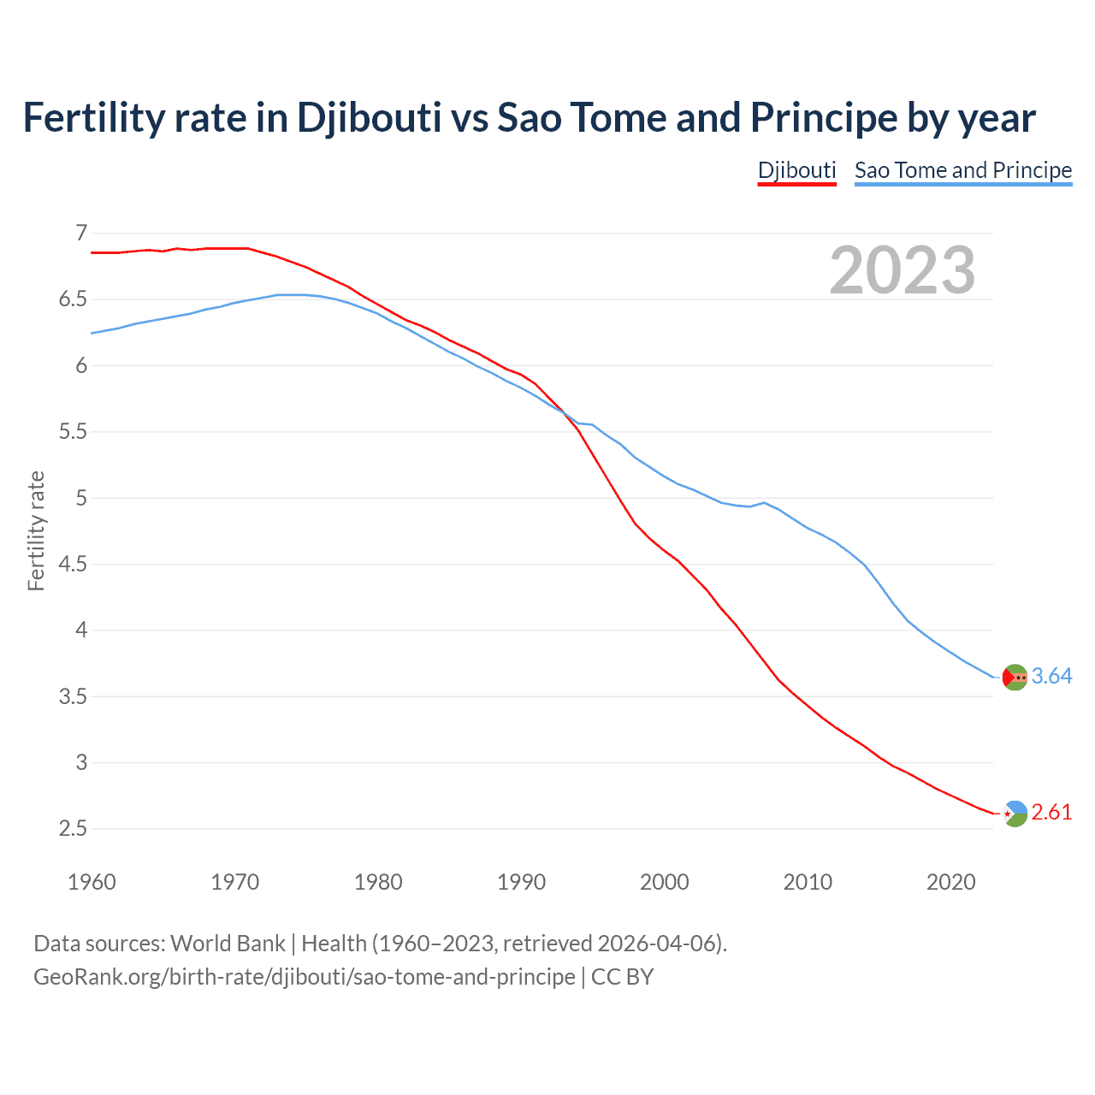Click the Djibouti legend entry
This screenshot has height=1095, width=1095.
click(796, 170)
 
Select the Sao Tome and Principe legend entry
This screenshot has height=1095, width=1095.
click(962, 170)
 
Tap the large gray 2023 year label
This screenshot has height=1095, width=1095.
click(903, 270)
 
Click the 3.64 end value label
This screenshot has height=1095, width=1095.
click(1051, 676)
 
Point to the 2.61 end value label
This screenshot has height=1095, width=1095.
click(1051, 812)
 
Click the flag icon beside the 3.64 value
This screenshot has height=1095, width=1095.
click(1015, 677)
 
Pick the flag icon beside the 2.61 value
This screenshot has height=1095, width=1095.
click(1015, 814)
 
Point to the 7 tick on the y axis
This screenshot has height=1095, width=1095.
click(81, 233)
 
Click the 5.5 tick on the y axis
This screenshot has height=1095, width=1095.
click(74, 431)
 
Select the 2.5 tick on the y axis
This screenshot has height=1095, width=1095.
click(74, 828)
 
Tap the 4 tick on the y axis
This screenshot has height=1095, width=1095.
click(81, 630)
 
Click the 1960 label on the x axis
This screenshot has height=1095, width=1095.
click(92, 882)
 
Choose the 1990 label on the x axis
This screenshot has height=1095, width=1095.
click(521, 882)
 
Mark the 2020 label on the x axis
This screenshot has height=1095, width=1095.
click(950, 882)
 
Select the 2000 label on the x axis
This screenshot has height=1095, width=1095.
click(664, 882)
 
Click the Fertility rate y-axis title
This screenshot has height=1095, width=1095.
click(36, 530)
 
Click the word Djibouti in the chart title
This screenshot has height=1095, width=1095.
click(369, 117)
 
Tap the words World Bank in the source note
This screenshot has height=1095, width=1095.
click(228, 944)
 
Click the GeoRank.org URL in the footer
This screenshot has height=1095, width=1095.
click(304, 977)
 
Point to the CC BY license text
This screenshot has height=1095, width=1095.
click(622, 977)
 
